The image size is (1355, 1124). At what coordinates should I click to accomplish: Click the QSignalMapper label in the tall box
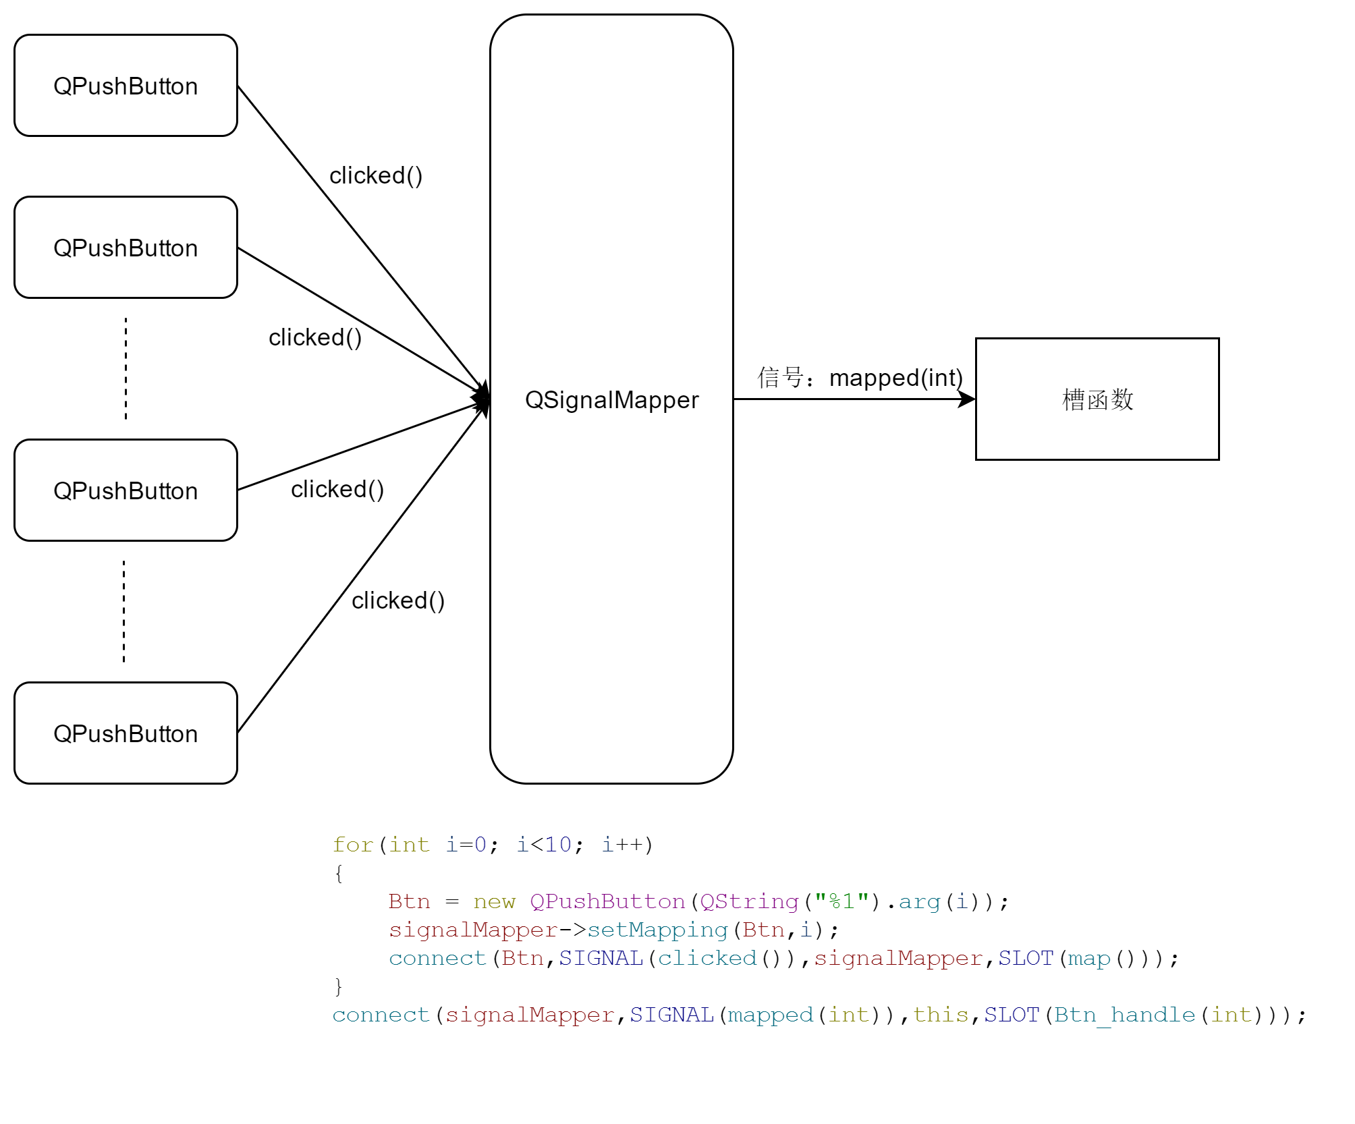pyautogui.click(x=611, y=399)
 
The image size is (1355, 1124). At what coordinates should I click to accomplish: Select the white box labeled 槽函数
pyautogui.click(x=1097, y=399)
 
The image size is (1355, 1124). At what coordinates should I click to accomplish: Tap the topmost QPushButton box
pyautogui.click(x=126, y=86)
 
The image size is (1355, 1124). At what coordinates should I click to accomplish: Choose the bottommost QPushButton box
pyautogui.click(x=126, y=733)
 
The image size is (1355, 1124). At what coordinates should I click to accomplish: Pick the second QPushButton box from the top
pyautogui.click(x=126, y=248)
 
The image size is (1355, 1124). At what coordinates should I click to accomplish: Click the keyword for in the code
pyautogui.click(x=353, y=845)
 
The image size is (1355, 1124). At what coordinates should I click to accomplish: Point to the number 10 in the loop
pyautogui.click(x=558, y=845)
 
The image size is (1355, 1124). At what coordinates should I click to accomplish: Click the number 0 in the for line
pyautogui.click(x=480, y=845)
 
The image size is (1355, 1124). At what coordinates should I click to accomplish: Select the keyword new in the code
pyautogui.click(x=494, y=902)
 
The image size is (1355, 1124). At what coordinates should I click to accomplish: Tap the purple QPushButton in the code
pyautogui.click(x=607, y=902)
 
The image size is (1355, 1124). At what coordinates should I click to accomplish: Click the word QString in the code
pyautogui.click(x=749, y=902)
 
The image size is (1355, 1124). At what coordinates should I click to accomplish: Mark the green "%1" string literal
pyautogui.click(x=841, y=901)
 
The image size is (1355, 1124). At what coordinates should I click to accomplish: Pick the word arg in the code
pyautogui.click(x=919, y=903)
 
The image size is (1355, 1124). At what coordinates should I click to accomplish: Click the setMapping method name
pyautogui.click(x=657, y=930)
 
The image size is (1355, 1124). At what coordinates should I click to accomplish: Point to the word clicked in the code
pyautogui.click(x=707, y=959)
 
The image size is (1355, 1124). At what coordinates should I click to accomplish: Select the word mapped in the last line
pyautogui.click(x=771, y=1016)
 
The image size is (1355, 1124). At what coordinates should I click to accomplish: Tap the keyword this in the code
pyautogui.click(x=941, y=1015)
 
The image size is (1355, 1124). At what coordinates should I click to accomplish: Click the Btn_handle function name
pyautogui.click(x=1125, y=1015)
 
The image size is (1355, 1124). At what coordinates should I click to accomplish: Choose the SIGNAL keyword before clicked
pyautogui.click(x=601, y=959)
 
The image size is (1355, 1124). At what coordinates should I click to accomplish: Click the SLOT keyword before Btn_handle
pyautogui.click(x=1011, y=1015)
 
